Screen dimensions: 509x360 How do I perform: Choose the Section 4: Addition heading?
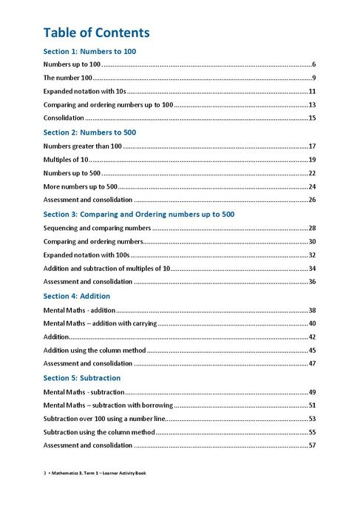[x=76, y=295]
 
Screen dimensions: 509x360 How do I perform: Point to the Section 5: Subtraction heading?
[x=82, y=377]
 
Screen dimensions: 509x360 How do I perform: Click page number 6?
[x=313, y=65]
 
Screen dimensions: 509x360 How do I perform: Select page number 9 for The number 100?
[x=313, y=78]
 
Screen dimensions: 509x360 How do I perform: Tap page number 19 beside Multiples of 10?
[x=312, y=160]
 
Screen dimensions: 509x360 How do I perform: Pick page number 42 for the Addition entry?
[x=312, y=337]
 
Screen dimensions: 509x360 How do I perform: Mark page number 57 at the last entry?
[x=312, y=445]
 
